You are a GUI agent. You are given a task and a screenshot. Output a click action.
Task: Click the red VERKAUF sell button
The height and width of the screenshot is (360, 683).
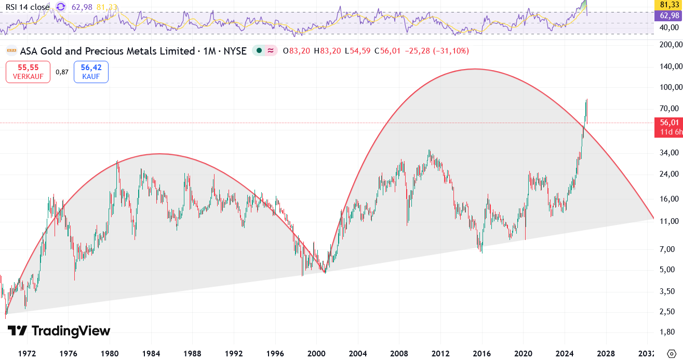28,72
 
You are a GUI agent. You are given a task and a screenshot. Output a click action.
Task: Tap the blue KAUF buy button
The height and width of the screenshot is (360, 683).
91,72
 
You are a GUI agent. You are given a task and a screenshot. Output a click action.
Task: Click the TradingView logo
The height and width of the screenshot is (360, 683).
59,331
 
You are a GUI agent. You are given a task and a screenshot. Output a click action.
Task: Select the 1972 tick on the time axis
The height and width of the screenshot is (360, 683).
27,354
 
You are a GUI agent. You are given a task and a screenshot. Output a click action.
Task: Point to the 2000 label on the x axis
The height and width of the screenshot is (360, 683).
316,354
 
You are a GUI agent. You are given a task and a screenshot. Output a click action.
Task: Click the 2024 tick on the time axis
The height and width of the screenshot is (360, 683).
565,354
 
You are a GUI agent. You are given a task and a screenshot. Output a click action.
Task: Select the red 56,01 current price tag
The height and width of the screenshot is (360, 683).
669,123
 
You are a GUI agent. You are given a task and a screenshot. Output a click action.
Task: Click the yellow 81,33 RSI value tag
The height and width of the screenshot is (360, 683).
669,5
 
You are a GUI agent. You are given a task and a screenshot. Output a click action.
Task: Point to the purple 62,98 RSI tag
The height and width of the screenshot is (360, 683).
669,16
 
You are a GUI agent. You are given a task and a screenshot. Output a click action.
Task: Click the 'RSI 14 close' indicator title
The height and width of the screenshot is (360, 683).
27,7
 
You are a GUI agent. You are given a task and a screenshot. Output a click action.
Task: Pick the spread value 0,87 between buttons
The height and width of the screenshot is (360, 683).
62,72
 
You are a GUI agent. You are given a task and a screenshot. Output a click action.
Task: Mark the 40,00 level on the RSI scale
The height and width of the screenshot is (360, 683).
669,27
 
